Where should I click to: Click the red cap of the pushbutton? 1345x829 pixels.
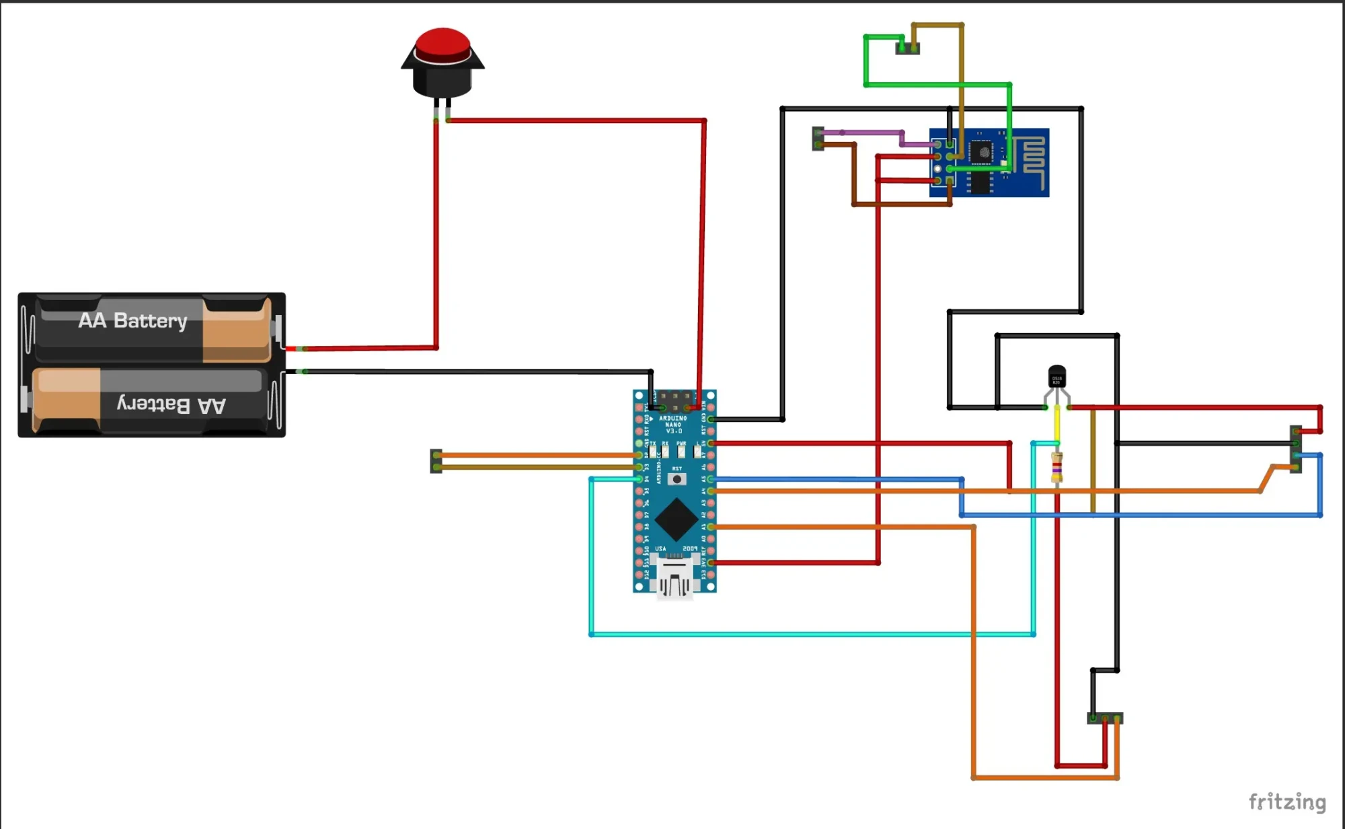coord(442,44)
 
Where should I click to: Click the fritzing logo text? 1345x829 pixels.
coord(1286,802)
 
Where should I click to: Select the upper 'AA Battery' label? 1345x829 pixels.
coord(132,320)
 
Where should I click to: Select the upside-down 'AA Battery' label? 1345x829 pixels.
coord(171,404)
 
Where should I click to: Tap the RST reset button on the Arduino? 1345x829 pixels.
coord(677,479)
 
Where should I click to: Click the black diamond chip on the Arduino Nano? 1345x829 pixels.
coord(676,519)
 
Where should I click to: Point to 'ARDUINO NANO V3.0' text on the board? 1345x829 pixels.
coord(673,425)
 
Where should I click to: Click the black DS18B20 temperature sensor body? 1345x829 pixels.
coord(1056,377)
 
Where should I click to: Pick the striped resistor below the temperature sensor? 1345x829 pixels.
coord(1056,467)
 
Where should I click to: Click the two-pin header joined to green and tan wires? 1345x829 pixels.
coord(907,48)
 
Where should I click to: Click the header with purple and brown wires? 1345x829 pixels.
coord(818,139)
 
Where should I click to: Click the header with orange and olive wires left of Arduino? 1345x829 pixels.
coord(436,461)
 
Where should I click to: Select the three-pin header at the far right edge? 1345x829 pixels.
coord(1296,449)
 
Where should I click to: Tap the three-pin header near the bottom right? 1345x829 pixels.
coord(1104,718)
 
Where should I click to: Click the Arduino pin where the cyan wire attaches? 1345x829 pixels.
coord(640,479)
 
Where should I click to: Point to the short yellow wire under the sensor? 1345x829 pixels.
coord(1056,424)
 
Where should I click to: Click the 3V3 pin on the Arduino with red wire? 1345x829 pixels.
coord(711,563)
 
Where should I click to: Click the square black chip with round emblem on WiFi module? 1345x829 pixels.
coord(984,153)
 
